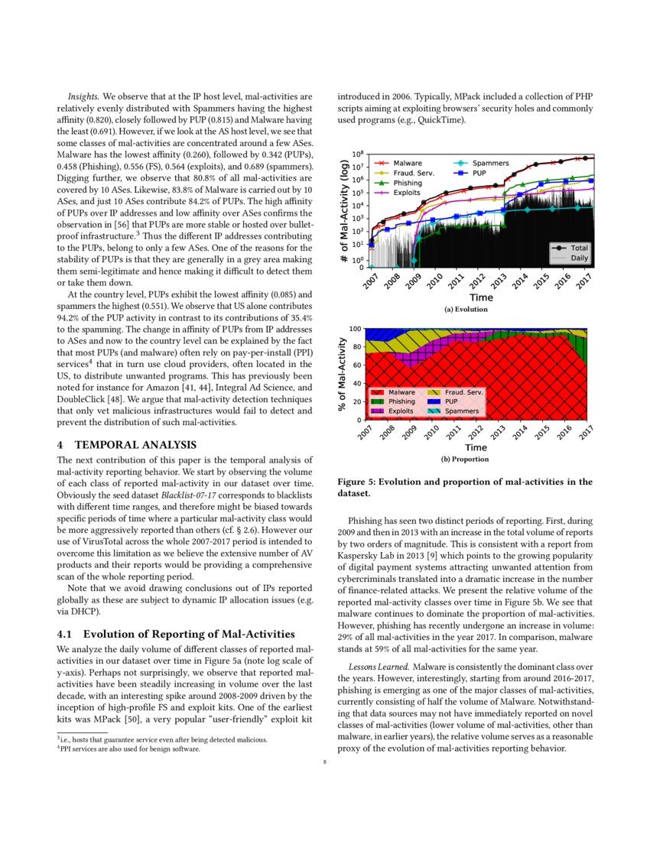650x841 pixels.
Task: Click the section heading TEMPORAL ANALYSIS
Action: [x=135, y=445]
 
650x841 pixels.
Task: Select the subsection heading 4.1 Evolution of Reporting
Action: [x=176, y=634]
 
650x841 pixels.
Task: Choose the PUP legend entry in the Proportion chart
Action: [x=450, y=401]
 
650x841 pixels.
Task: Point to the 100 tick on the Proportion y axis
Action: [x=355, y=330]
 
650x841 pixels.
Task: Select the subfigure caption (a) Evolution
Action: [x=465, y=310]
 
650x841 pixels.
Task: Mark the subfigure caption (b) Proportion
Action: [x=465, y=459]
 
